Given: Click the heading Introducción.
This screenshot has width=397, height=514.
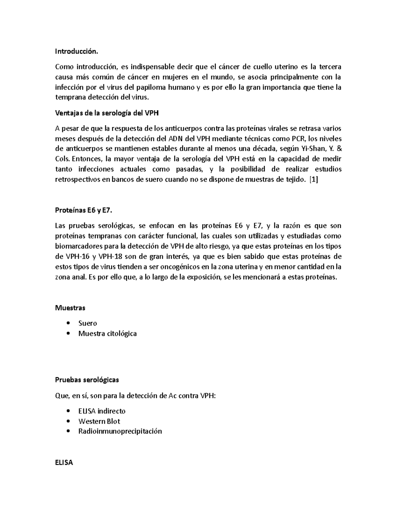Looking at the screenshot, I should pos(77,52).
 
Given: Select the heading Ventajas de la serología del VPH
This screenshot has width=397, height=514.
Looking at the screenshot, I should pos(107,113).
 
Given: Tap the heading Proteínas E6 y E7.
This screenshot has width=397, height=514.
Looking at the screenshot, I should pos(86,210).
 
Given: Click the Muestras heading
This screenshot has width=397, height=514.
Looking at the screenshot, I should pos(70,308).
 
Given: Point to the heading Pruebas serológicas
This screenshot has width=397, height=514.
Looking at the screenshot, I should pos(87,380).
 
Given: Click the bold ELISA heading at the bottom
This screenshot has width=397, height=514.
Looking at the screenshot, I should pos(64,463).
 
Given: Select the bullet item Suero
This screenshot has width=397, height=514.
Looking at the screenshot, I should pos(87,323).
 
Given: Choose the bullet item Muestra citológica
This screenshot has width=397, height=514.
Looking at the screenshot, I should pos(107,334).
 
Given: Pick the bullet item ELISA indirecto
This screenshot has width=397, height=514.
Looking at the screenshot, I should pos(102,411).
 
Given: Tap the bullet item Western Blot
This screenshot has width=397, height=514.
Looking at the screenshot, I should pos(99,421).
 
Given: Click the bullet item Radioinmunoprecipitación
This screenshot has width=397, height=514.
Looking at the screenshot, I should pos(120,431).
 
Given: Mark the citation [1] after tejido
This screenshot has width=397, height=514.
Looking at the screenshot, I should pos(313,179).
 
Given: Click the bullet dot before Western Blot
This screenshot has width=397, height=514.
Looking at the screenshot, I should pos(68,421).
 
